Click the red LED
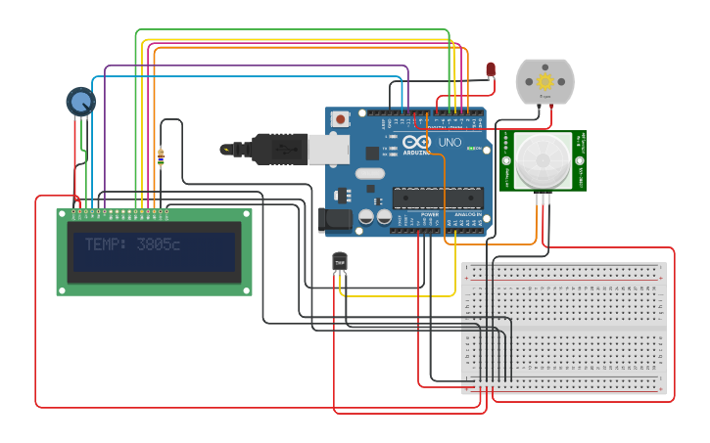(491, 67)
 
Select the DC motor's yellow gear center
(544, 80)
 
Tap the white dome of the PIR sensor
(544, 160)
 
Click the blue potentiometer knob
(80, 101)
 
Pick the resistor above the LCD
(161, 156)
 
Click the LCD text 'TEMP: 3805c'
(132, 244)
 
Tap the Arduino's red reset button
(340, 118)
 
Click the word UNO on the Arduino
(449, 143)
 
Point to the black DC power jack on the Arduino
(336, 221)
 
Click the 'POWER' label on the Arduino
(429, 214)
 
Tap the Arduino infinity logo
(417, 144)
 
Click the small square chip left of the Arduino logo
(372, 153)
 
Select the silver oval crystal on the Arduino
(370, 174)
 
